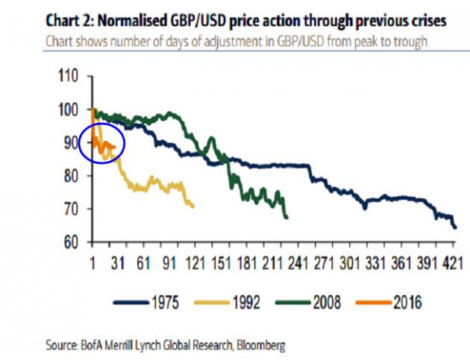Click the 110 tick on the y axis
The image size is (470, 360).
[69, 76]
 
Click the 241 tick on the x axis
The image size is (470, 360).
[298, 264]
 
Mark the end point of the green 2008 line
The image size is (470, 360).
[287, 218]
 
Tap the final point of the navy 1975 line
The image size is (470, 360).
[455, 227]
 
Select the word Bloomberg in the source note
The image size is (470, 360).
[257, 345]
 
